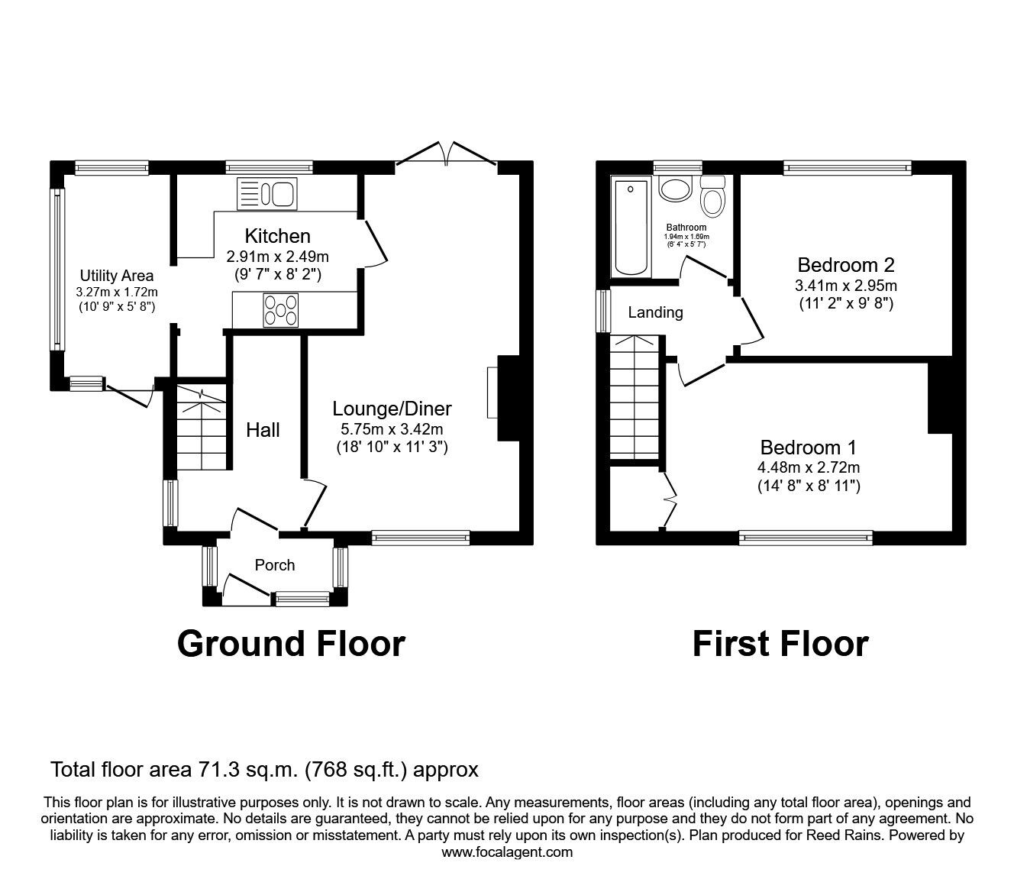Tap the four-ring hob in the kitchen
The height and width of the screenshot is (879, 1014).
281,310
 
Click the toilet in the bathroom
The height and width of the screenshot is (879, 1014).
713,198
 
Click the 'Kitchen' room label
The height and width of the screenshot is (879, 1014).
277,236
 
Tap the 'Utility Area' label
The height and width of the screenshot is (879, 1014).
117,276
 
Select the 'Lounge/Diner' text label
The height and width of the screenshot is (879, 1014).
392,409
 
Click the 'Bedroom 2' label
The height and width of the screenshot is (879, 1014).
845,265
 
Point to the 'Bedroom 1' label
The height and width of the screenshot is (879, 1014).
809,447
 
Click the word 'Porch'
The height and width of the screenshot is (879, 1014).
274,565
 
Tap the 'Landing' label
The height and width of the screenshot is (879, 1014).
655,312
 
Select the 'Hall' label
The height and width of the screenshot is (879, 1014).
263,430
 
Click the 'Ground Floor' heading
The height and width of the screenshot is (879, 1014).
290,644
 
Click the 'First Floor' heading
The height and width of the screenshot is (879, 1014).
780,644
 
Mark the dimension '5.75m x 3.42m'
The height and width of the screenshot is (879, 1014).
392,429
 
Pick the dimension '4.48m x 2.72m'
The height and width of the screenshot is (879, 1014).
809,467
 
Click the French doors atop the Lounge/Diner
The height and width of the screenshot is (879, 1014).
446,153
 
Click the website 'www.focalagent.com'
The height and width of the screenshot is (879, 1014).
507,852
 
